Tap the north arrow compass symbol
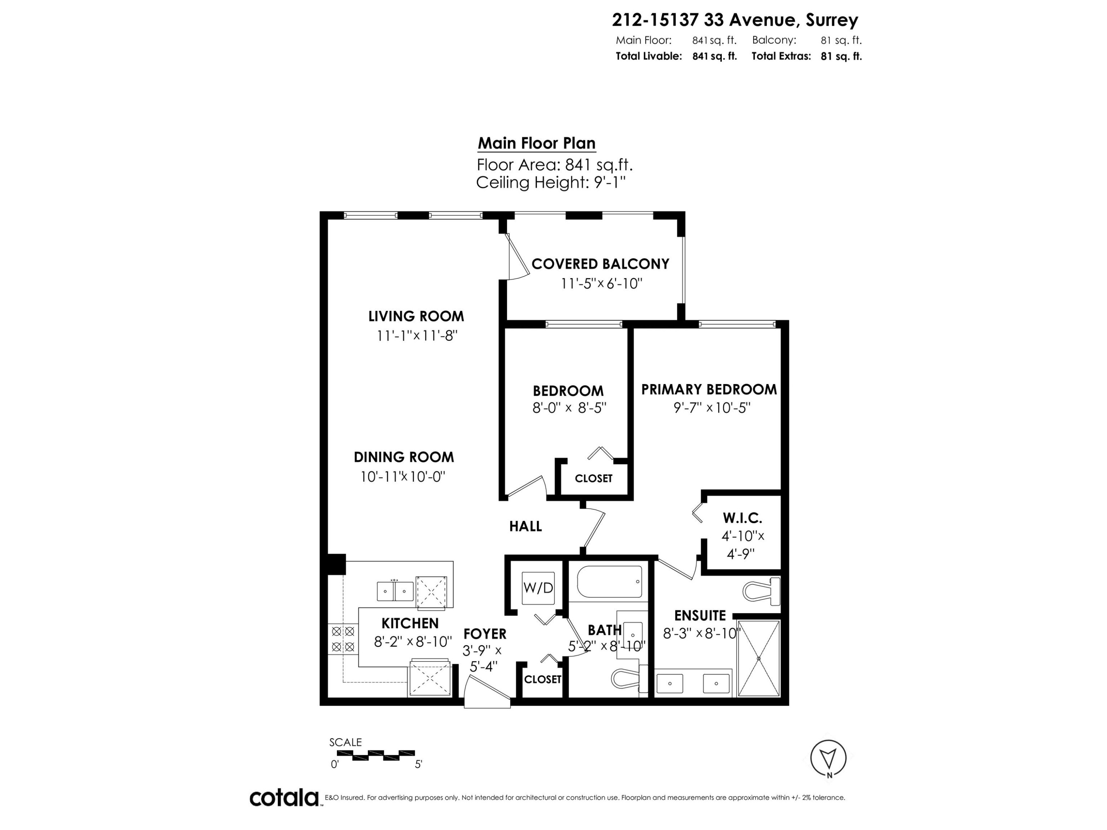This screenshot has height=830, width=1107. point(828,758)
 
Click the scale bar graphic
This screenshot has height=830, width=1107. point(372,755)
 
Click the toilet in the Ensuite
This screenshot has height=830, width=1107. point(761,590)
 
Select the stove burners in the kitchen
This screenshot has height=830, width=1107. point(343,639)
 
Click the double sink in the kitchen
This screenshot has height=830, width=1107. point(395,591)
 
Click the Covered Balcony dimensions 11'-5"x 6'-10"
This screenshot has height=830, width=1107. point(601,284)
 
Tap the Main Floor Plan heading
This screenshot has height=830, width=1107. point(537,143)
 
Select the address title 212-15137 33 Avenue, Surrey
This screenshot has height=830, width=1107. point(735,20)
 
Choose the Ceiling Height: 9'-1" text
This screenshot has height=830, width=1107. point(551,182)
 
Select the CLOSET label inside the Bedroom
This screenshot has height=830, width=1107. point(593,478)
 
